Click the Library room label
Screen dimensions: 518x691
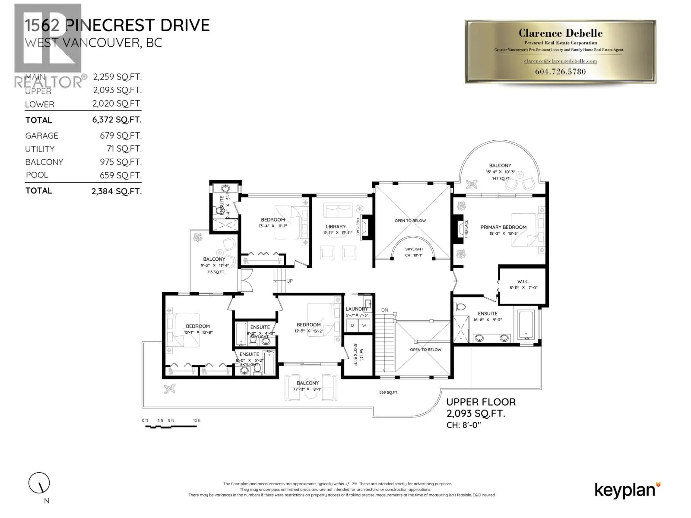click(336, 227)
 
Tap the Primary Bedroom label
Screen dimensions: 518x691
click(503, 227)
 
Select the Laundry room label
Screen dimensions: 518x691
click(356, 309)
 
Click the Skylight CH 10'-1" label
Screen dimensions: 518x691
click(414, 252)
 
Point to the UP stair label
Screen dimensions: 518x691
click(289, 281)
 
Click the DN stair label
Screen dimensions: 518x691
click(384, 310)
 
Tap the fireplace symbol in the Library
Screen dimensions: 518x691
click(366, 227)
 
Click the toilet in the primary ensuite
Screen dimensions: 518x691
click(460, 307)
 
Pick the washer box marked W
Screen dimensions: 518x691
click(364, 325)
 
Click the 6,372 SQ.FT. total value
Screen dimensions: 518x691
click(117, 120)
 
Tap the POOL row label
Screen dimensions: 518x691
click(37, 175)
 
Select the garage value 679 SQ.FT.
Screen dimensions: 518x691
click(120, 136)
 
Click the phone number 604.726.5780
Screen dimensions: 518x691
click(560, 72)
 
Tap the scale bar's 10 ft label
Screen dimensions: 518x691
click(197, 420)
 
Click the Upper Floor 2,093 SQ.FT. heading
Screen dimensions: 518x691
click(481, 407)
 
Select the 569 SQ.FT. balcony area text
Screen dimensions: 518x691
click(388, 392)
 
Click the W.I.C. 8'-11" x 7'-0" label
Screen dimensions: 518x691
click(523, 284)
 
